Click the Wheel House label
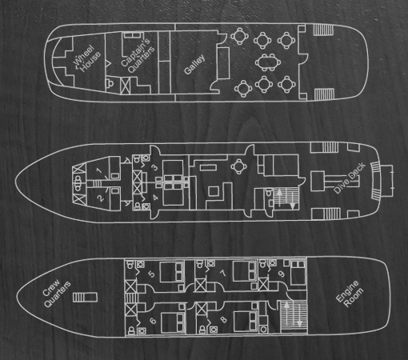[87, 59]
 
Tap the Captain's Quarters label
[138, 56]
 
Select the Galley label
[194, 64]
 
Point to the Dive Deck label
[350, 178]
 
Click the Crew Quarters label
[57, 294]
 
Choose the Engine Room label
[350, 294]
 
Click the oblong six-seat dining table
[268, 62]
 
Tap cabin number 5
[151, 274]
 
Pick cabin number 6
[153, 321]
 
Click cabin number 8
[224, 319]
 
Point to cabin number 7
[223, 274]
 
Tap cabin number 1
[99, 170]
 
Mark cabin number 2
[101, 198]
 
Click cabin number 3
[154, 168]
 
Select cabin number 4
[156, 198]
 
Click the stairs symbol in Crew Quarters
[85, 298]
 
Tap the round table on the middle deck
[238, 166]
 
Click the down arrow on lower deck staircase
[299, 323]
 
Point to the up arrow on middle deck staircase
[279, 193]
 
